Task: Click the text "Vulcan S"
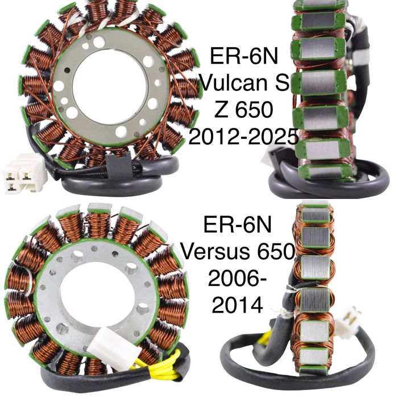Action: [x=244, y=83]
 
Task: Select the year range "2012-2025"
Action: [x=244, y=137]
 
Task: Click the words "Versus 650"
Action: [x=238, y=251]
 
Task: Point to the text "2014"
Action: [x=237, y=305]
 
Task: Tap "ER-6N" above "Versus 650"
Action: [x=238, y=225]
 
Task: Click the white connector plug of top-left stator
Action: [x=24, y=173]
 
